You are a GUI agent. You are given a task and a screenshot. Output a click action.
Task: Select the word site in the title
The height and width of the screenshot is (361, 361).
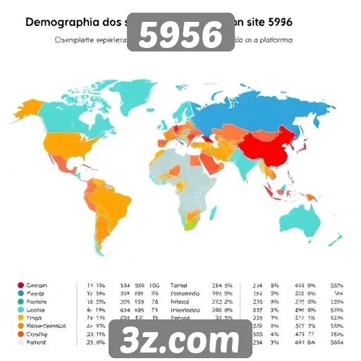[x=257, y=22]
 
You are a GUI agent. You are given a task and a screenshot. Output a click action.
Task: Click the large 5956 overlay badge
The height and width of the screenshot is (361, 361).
[x=180, y=32]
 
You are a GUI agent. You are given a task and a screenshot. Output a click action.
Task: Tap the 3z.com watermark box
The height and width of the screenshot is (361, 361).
[x=180, y=340]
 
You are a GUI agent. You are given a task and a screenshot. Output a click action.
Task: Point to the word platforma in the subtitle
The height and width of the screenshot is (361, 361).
[x=269, y=40]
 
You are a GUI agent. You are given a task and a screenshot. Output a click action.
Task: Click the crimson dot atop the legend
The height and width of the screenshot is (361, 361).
[x=20, y=286]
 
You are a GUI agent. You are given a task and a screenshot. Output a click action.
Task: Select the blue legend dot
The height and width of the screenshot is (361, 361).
[x=20, y=293]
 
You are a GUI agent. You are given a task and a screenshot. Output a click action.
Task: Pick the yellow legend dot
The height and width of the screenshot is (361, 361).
[x=20, y=318]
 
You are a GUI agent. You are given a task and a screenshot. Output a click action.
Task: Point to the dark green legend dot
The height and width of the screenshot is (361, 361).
[x=20, y=302]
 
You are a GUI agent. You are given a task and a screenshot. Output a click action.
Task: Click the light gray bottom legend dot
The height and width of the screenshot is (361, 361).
[x=20, y=343]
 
